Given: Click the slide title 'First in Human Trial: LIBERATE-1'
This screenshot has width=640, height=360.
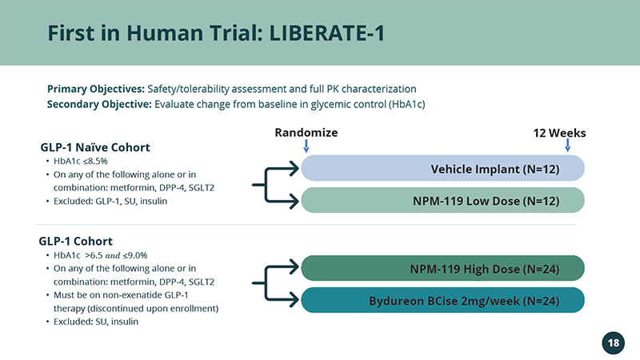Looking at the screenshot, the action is click(x=216, y=33).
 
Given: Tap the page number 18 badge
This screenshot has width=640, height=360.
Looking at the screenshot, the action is click(x=613, y=343).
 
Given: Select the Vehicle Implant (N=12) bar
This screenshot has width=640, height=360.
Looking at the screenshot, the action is click(x=443, y=168).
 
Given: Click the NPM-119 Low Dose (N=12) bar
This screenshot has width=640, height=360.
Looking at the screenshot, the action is click(x=443, y=201).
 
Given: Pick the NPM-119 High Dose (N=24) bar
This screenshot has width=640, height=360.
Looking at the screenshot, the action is click(x=443, y=268).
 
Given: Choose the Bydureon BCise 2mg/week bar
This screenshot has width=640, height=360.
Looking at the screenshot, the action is click(x=443, y=301).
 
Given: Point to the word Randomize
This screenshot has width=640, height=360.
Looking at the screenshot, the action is click(x=306, y=133).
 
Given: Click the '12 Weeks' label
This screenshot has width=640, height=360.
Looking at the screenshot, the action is click(x=559, y=133).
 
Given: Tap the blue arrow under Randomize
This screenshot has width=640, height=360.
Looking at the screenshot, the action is click(x=306, y=146).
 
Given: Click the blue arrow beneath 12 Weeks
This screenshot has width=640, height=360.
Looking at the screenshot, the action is click(x=567, y=146).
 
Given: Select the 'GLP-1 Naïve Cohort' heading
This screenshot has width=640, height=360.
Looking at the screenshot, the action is click(x=95, y=147).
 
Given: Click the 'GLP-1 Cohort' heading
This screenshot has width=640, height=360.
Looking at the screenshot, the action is click(x=75, y=242).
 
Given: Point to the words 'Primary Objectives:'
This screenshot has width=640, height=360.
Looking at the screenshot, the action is click(x=96, y=89).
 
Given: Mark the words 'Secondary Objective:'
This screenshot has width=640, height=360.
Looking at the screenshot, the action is click(x=99, y=105).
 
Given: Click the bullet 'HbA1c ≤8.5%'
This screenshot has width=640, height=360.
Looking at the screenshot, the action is click(x=81, y=162).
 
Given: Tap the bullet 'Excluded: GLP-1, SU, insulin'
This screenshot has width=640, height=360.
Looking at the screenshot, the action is click(x=110, y=202).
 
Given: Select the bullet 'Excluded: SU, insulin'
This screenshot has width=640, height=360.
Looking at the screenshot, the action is click(x=96, y=322).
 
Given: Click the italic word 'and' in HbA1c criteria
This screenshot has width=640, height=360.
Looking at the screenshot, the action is click(x=113, y=256).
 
